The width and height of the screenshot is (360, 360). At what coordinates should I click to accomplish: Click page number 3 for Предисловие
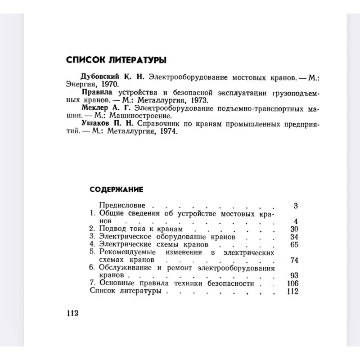coord(296,206)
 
